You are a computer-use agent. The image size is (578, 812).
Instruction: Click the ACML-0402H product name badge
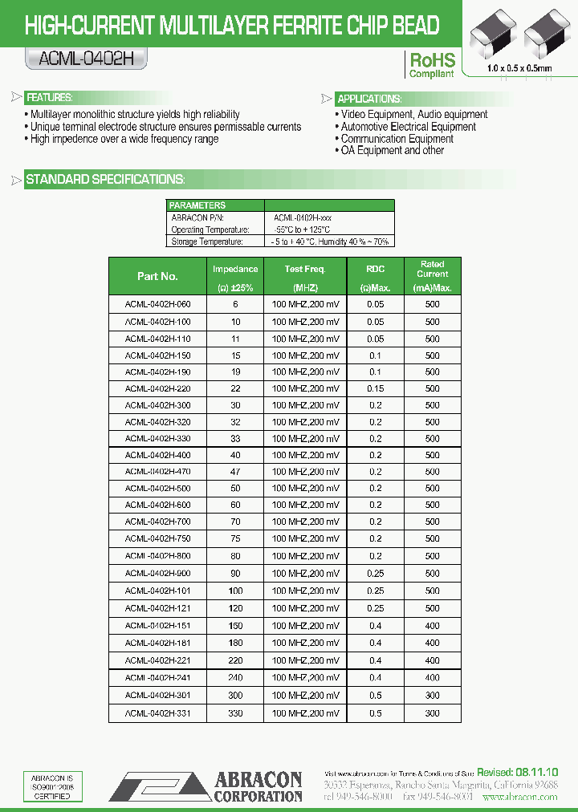tap(86, 58)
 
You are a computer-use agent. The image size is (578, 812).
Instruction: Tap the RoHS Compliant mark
tap(432, 65)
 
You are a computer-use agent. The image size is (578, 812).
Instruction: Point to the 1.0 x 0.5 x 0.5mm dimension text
tap(519, 69)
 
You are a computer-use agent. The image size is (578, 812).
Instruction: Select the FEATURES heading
tap(50, 98)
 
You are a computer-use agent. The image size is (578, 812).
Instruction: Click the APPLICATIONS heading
tap(368, 99)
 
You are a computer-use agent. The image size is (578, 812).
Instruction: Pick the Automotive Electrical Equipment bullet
tap(408, 127)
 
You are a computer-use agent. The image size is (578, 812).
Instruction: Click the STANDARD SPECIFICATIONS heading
tap(105, 179)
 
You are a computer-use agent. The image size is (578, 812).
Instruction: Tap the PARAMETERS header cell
tap(197, 205)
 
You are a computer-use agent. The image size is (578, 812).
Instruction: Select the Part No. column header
tap(157, 276)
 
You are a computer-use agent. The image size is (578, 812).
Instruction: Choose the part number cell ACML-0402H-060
tap(158, 305)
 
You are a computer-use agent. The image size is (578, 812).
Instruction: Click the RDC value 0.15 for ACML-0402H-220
tap(375, 388)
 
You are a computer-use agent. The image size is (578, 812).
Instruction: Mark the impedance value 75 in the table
tap(235, 538)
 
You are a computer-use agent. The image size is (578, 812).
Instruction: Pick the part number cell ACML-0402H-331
tap(158, 713)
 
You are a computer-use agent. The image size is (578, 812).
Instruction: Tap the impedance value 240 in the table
tap(235, 678)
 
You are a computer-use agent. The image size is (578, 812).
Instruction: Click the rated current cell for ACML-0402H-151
tap(432, 626)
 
